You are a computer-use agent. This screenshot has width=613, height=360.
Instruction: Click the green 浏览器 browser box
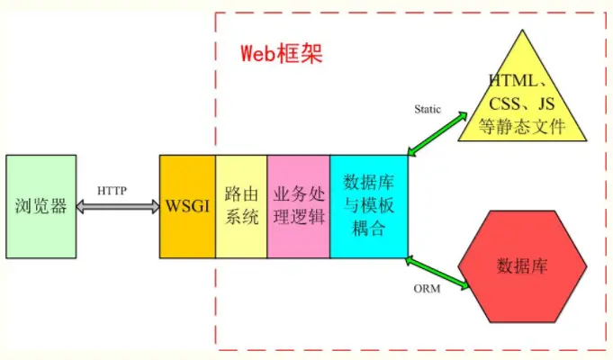(x=41, y=205)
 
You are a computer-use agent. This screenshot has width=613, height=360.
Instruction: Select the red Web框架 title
(x=281, y=52)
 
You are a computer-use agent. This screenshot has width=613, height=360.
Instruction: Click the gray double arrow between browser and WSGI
(x=117, y=206)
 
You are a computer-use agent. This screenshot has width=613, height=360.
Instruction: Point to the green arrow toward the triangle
(x=437, y=134)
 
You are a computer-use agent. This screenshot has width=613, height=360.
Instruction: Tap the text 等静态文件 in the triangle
(x=523, y=126)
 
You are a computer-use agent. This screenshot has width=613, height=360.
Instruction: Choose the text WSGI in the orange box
(x=187, y=205)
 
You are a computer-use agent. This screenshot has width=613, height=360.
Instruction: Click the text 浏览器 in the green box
(x=41, y=205)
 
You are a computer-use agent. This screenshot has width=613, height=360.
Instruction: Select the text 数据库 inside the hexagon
(x=523, y=266)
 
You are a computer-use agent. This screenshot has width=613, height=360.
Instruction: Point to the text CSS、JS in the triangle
(x=522, y=103)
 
